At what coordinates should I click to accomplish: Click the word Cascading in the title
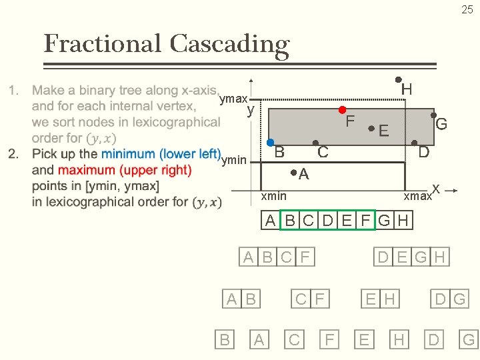coord(229,44)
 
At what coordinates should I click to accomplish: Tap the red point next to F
coord(342,109)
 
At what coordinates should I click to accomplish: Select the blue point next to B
coord(270,143)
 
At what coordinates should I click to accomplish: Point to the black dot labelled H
coord(398,79)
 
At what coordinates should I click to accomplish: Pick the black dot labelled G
coord(433,115)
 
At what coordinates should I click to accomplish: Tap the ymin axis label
coord(233,160)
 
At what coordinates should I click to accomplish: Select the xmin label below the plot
coord(273,195)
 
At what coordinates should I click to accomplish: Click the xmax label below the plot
coord(417,197)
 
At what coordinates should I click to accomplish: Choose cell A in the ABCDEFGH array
coord(269,221)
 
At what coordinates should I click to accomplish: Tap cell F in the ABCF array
coord(305,257)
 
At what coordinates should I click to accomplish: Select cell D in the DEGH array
coord(383,257)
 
